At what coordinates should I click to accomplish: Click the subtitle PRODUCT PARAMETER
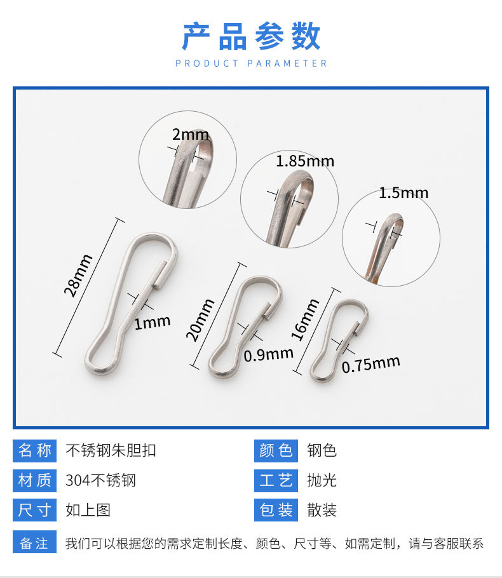[x=251, y=64]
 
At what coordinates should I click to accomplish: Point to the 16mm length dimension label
[x=305, y=319]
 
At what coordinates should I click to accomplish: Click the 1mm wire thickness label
[x=153, y=322]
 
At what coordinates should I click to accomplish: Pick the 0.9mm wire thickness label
[x=268, y=354]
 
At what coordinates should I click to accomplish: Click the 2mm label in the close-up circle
[x=190, y=134]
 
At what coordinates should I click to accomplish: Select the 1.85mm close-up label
[x=305, y=161]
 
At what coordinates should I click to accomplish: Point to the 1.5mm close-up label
[x=404, y=192]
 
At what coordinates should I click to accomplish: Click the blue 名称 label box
[x=35, y=451]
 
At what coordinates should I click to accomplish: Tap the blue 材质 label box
[x=35, y=480]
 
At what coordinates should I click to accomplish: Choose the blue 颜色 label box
[x=276, y=451]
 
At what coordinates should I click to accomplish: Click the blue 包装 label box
[x=276, y=509]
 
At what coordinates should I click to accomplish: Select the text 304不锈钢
[x=100, y=480]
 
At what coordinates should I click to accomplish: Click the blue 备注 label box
[x=35, y=544]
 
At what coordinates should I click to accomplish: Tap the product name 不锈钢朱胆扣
[x=111, y=451]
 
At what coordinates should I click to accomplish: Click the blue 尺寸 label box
[x=35, y=509]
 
